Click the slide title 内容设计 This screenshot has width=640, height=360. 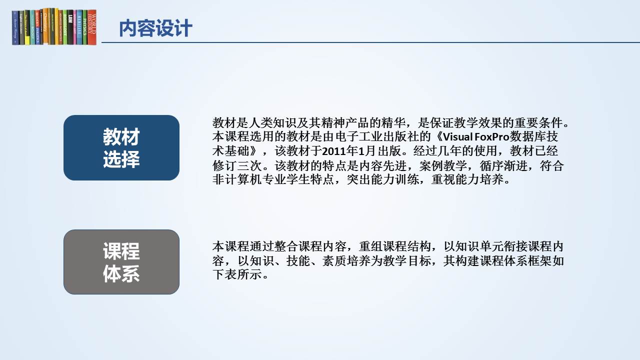click(155, 28)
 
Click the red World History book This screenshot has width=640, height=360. click(91, 27)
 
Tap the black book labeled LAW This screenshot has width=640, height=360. click(70, 27)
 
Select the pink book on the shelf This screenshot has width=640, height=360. click(75, 27)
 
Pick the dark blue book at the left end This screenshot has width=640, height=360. click(15, 27)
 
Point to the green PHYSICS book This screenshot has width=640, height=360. click(85, 27)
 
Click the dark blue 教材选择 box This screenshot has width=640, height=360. click(121, 147)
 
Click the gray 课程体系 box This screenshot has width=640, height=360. click(121, 262)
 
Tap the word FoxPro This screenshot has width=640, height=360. click(492, 137)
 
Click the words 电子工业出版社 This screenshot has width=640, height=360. click(376, 137)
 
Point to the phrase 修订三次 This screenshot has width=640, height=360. click(237, 165)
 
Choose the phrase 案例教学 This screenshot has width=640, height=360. click(443, 165)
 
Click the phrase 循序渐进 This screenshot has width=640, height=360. click(503, 165)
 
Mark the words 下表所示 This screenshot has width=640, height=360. click(237, 274)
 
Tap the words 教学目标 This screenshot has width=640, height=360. click(407, 260)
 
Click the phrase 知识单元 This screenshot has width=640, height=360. click(479, 246)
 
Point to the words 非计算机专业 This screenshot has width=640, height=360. click(249, 179)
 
